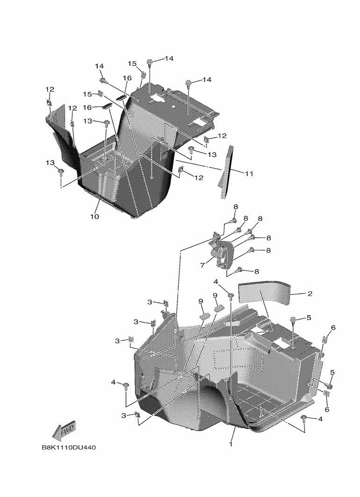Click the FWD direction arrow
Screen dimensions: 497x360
pyautogui.click(x=64, y=430)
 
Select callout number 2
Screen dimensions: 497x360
pyautogui.click(x=310, y=294)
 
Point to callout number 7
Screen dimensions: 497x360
pyautogui.click(x=202, y=265)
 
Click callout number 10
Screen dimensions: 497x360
pyautogui.click(x=95, y=217)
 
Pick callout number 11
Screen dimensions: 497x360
pyautogui.click(x=249, y=173)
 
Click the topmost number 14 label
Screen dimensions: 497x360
pyautogui.click(x=168, y=58)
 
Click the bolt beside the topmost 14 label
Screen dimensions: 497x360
pyautogui.click(x=151, y=62)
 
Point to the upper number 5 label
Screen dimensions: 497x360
pyautogui.click(x=308, y=318)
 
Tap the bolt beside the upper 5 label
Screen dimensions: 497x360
pyautogui.click(x=293, y=320)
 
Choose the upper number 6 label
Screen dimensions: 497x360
pyautogui.click(x=333, y=328)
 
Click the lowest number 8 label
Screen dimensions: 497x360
pyautogui.click(x=256, y=271)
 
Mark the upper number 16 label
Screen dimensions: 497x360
pyautogui.click(x=127, y=78)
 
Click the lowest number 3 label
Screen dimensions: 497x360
pyautogui.click(x=124, y=415)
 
